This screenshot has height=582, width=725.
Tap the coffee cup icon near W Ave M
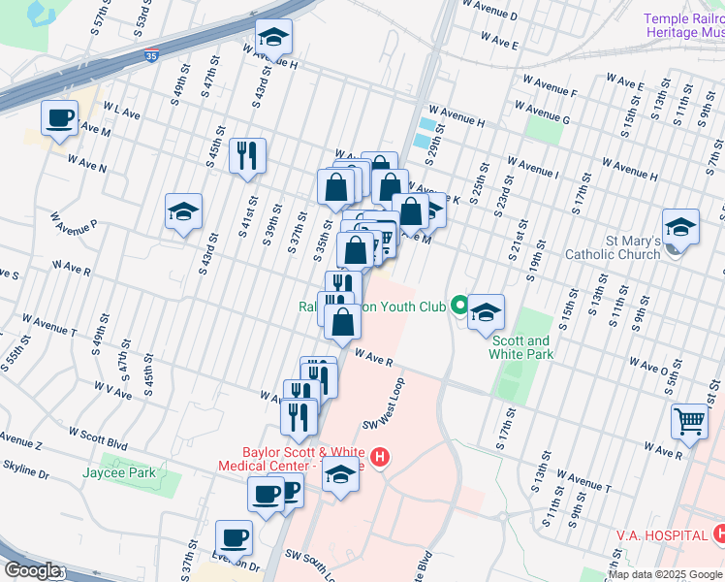click(x=59, y=118)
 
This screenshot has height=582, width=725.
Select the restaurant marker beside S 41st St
click(x=247, y=155)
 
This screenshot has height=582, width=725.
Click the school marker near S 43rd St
click(x=182, y=211)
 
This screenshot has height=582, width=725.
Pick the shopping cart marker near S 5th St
click(x=689, y=421)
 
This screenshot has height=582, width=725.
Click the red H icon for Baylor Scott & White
click(x=380, y=456)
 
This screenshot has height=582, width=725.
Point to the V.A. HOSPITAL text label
click(x=660, y=535)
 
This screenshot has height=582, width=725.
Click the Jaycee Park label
click(x=119, y=472)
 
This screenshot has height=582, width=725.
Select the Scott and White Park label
click(x=520, y=347)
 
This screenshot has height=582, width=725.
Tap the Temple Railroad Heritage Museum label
click(x=685, y=25)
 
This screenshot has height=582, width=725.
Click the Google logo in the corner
click(x=31, y=570)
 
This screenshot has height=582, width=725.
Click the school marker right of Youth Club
click(x=487, y=311)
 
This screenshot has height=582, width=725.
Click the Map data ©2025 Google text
click(x=664, y=574)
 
